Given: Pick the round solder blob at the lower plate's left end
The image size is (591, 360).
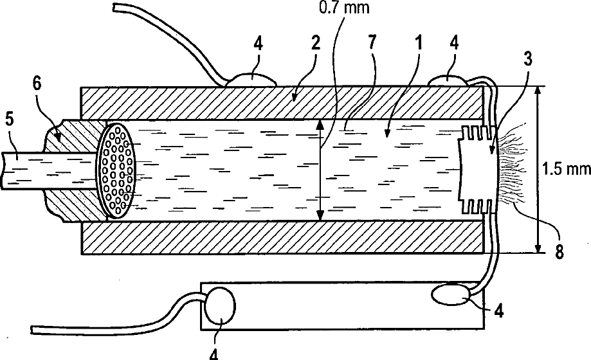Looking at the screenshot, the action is pyautogui.click(x=221, y=306).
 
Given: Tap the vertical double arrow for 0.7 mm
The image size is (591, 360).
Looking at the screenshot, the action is pyautogui.click(x=320, y=170).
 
